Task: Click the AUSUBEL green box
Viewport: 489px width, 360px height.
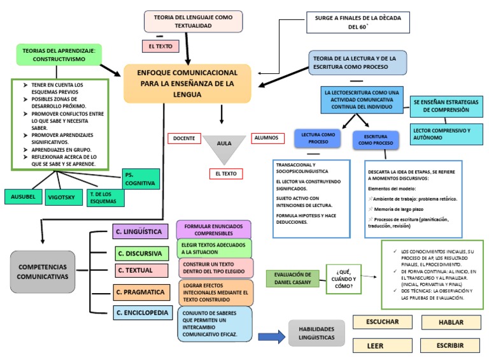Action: coord(24,197)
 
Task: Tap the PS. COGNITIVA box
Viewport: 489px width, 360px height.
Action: coord(140,178)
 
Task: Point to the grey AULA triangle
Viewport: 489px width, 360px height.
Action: coord(224,147)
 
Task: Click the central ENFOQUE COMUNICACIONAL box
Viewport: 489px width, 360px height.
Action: coord(188,83)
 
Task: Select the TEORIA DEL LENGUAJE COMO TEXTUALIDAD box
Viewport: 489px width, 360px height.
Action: coord(193,21)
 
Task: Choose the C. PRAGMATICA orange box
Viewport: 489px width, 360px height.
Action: coord(139,292)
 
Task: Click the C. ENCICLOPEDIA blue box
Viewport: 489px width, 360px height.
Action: coord(142,313)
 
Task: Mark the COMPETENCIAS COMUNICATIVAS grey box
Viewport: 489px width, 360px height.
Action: coord(43,272)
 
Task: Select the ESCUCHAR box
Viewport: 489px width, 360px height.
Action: coord(383,322)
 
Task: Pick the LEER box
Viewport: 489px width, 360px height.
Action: coord(376,346)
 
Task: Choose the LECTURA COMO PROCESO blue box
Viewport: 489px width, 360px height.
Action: coord(318,138)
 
